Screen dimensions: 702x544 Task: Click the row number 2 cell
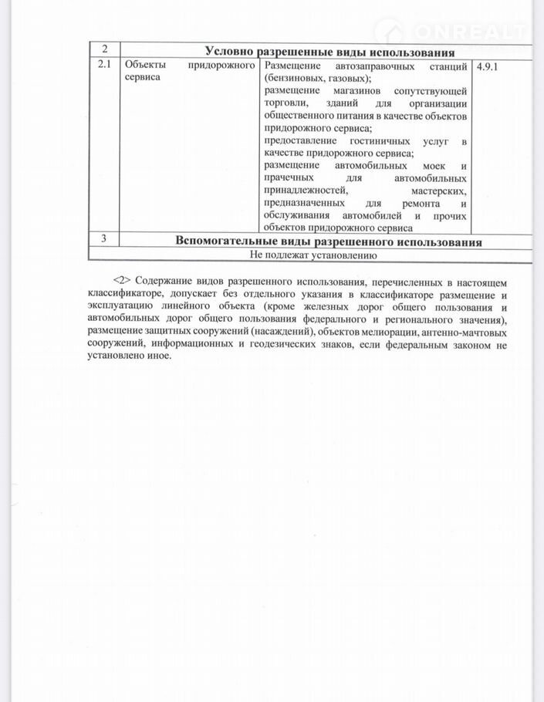[104, 50]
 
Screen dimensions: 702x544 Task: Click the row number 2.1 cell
[104, 66]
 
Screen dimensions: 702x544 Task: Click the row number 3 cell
[104, 239]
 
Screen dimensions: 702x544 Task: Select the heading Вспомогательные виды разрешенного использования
[329, 241]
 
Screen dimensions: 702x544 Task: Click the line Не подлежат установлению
[312, 254]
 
